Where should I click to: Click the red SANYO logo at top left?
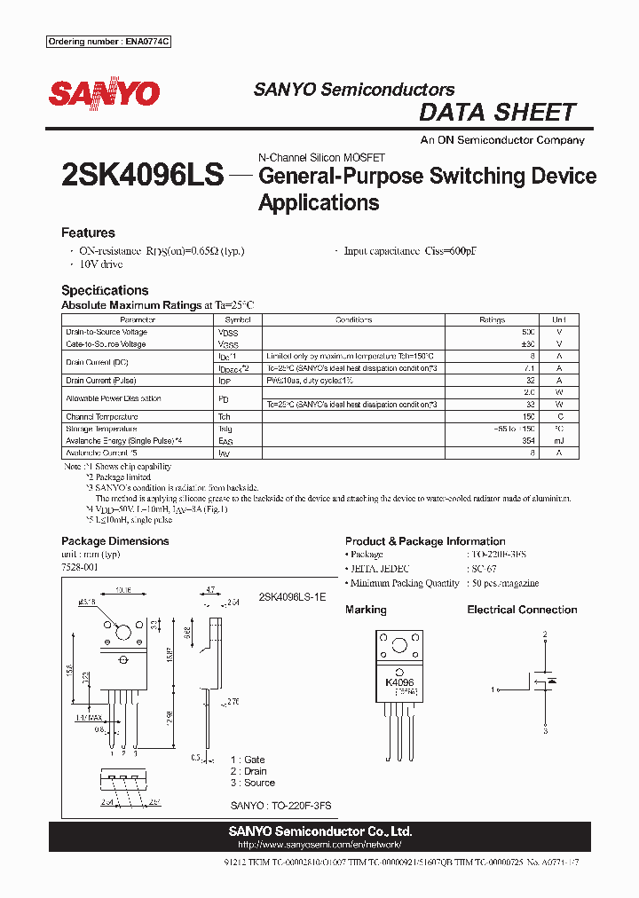pos(104,94)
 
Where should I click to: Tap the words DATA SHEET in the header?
pos(497,113)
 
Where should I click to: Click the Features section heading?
pos(88,232)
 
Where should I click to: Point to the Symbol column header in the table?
pos(237,319)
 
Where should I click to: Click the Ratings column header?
pos(492,319)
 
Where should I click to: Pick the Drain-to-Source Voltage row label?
pos(106,332)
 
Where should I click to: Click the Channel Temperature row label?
pos(102,416)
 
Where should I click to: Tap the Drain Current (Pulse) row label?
pos(101,381)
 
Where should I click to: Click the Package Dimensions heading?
pos(114,541)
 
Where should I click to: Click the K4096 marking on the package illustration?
pos(399,682)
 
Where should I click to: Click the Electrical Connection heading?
pos(522,610)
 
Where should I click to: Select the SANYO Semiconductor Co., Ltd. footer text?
pos(320,831)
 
